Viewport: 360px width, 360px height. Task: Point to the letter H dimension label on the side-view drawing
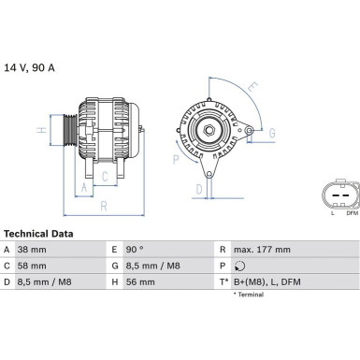(41, 130)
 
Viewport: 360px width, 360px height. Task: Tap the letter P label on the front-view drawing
(175, 159)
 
